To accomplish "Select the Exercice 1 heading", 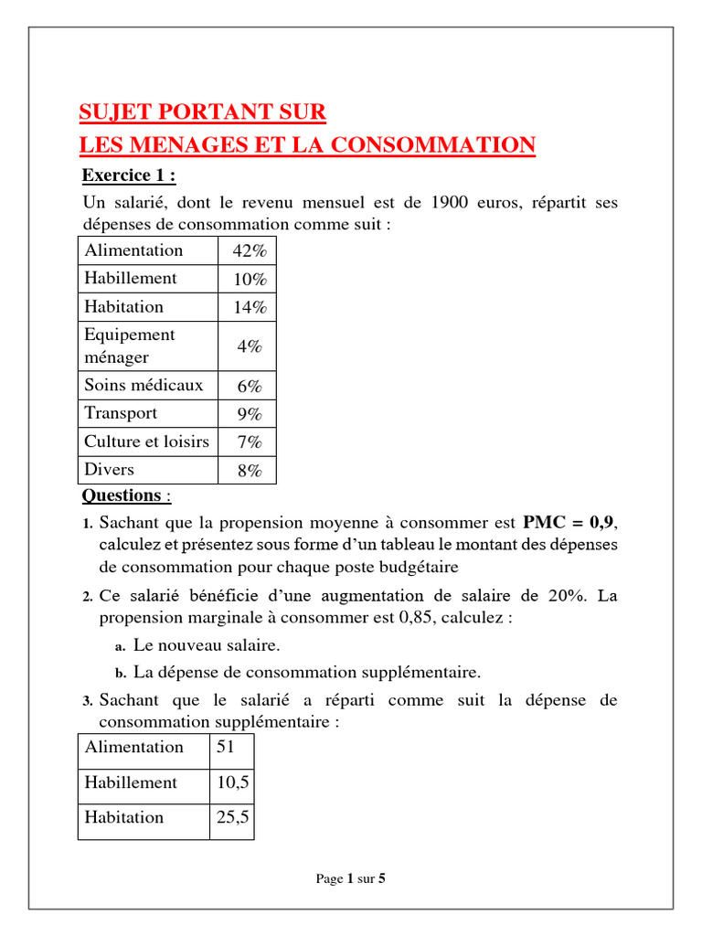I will pos(128,175).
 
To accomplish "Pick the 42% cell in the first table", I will pos(247,251).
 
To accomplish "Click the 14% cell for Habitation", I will pos(247,307).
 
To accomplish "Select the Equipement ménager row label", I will pos(130,346).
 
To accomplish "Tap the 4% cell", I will pos(247,346).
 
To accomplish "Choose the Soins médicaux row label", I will pos(144,385).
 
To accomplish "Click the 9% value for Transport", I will pos(247,414).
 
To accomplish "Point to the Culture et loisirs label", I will pos(146,441).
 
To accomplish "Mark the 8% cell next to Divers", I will pos(247,471).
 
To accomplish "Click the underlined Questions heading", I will pos(122,495).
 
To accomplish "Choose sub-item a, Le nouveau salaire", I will pos(206,645).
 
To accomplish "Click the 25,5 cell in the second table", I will pos(232,818).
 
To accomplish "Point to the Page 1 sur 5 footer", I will pos(351,878).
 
